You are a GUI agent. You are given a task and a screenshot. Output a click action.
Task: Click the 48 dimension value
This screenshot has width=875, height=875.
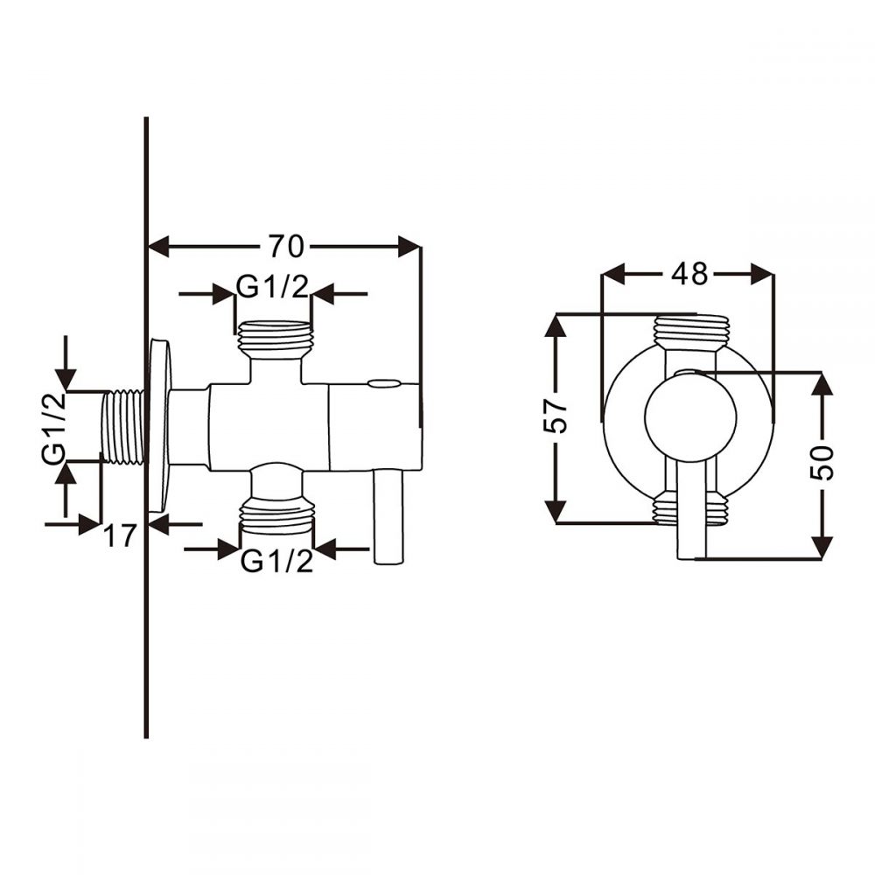click(689, 275)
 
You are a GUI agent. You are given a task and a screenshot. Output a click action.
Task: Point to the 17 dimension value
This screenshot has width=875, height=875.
click(121, 535)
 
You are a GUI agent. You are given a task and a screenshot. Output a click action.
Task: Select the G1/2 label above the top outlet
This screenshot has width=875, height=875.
click(273, 287)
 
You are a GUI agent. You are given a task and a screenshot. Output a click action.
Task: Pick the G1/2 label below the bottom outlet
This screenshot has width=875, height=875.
click(276, 562)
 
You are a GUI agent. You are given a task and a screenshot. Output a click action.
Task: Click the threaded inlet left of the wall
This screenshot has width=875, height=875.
click(122, 426)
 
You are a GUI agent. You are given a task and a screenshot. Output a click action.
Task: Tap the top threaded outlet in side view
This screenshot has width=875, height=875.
click(275, 338)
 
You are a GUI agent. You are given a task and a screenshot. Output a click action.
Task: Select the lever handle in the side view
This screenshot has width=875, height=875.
click(387, 516)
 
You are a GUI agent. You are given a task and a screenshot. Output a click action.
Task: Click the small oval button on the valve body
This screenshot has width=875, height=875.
click(382, 383)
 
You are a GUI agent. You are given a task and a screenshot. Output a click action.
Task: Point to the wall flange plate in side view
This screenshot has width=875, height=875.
click(159, 426)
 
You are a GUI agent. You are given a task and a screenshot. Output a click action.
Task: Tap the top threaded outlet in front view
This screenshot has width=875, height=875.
click(690, 330)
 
